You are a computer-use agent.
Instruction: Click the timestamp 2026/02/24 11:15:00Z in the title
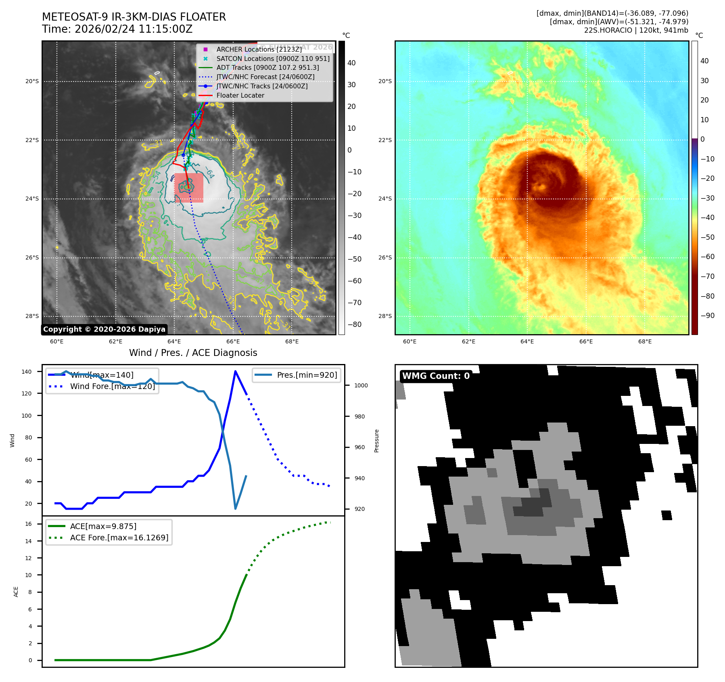(x=134, y=29)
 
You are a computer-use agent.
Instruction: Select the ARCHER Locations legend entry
(x=259, y=49)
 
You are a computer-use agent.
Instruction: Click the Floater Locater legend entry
(x=240, y=96)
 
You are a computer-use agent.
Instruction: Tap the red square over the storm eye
(x=189, y=187)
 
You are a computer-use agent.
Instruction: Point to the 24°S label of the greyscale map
(x=32, y=199)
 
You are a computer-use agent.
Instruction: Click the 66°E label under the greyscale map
(x=233, y=342)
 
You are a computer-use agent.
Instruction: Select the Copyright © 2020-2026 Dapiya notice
(x=104, y=329)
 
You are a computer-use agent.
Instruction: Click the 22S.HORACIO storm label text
(x=608, y=30)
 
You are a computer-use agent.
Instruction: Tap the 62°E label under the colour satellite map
(x=468, y=342)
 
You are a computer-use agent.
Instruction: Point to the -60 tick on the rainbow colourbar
(x=707, y=257)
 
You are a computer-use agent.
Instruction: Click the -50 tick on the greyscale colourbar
(x=355, y=259)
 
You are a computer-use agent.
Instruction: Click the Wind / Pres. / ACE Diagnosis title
(x=193, y=353)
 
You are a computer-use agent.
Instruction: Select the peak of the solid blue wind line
(x=235, y=371)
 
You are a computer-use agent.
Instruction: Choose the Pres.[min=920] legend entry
(x=307, y=375)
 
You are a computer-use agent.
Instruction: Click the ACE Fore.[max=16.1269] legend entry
(x=119, y=538)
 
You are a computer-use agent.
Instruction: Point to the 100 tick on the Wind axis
(x=27, y=416)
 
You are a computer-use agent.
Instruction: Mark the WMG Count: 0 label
(x=436, y=376)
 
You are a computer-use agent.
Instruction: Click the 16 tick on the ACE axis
(x=29, y=524)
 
